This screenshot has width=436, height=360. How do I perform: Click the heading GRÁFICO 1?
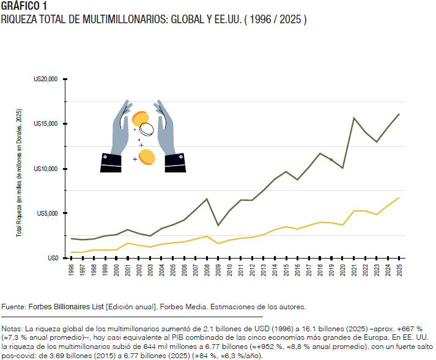[x=24, y=6]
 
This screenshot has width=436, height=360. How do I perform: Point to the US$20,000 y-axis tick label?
[x=46, y=79]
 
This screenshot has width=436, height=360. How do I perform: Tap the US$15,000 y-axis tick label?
[x=46, y=123]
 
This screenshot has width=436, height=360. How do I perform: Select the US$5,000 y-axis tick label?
[x=47, y=213]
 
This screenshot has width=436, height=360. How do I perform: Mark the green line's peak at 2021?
[x=354, y=118]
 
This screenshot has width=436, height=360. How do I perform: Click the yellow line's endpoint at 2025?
[x=399, y=197]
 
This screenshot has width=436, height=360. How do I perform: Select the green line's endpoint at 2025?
[x=399, y=114]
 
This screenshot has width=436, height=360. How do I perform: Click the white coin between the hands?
[x=147, y=129]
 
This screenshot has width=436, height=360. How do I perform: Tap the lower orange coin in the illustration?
[x=147, y=158]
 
